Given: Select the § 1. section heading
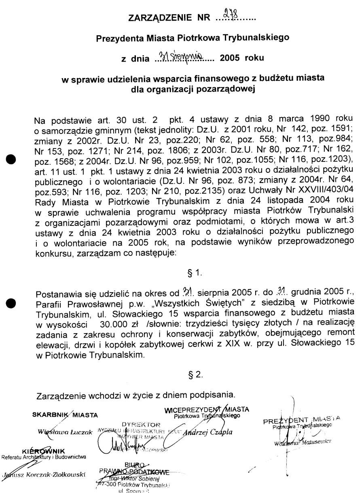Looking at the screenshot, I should (195, 273).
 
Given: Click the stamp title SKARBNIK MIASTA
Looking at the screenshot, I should (65, 415).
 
